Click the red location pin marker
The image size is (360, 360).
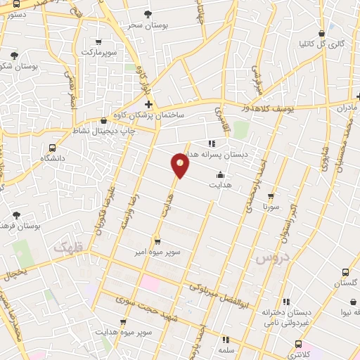tap(181, 165)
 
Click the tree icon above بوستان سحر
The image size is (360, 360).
tap(147, 13)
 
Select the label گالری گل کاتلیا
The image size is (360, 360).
tap(322, 44)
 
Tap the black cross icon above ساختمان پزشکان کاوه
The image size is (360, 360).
tap(148, 104)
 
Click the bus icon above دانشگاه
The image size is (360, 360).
tap(52, 148)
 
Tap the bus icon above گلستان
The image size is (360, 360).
tap(345, 271)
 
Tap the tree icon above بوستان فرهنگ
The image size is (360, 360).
tap(17, 215)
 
